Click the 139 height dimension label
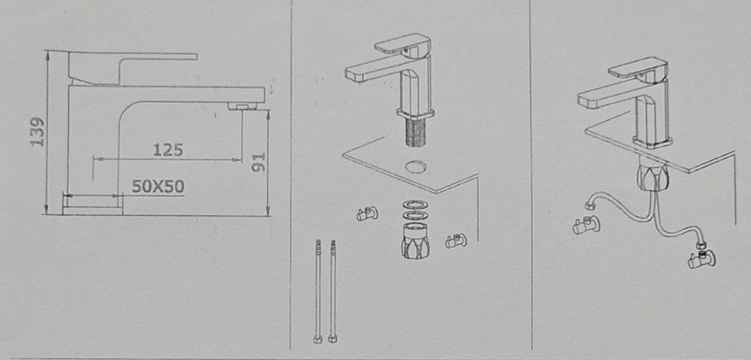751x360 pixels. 38,132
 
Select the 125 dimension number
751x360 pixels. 168,150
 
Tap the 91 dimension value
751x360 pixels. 259,163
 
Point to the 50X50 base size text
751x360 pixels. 158,186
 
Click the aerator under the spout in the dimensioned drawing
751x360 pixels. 242,106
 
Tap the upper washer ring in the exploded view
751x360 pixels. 416,204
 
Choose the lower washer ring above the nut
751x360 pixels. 416,214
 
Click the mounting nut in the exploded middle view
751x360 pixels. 415,240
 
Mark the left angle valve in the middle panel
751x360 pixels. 367,213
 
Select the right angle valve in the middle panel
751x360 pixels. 456,241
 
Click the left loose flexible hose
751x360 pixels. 317,292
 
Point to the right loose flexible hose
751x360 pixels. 333,292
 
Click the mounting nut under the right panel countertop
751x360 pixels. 652,175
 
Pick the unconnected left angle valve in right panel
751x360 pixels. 586,224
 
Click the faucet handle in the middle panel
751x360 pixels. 402,44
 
